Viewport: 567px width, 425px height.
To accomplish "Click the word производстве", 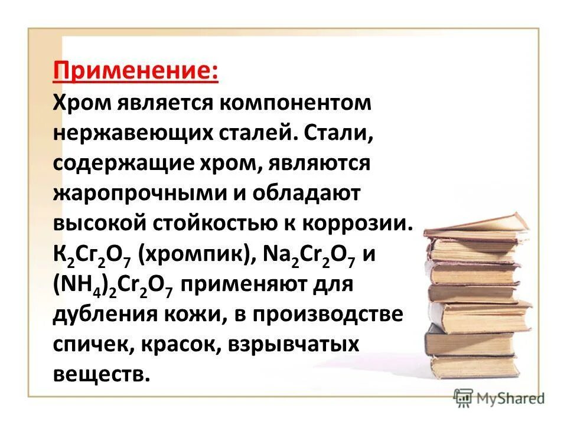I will tap(331, 315).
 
